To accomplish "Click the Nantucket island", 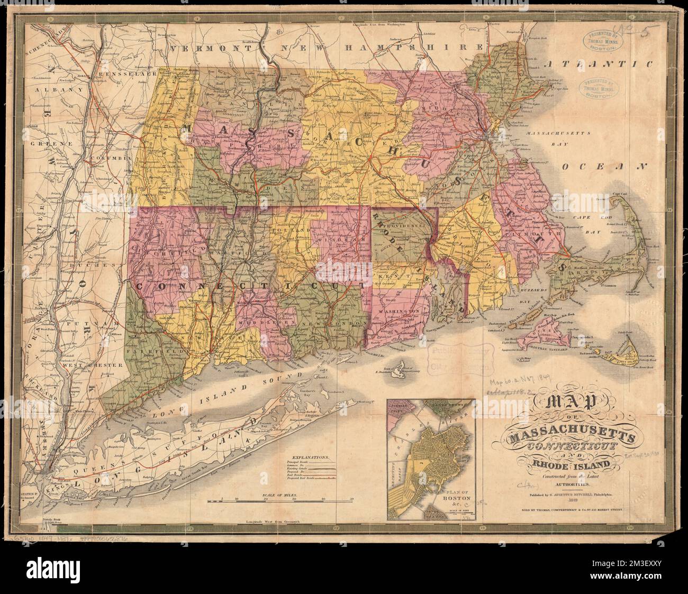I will tap(632, 358).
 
